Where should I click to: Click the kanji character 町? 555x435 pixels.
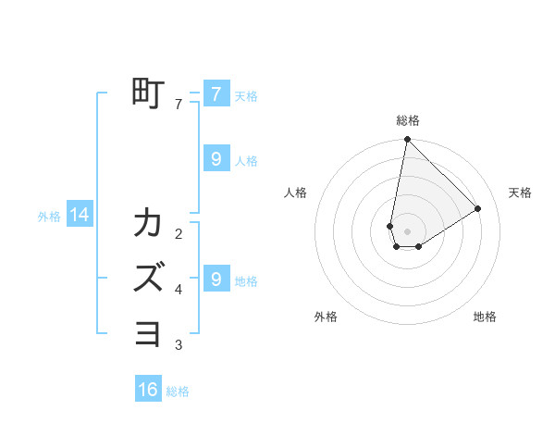tap(148, 94)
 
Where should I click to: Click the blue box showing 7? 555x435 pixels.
tap(216, 94)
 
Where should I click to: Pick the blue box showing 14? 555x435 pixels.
tap(80, 216)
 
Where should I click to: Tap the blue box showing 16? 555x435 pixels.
tap(148, 390)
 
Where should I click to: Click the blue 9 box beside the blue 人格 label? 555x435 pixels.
tap(216, 159)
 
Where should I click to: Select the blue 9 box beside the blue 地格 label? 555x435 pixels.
tap(216, 279)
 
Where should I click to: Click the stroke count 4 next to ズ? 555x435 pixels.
tap(179, 290)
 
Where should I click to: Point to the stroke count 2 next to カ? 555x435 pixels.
tap(179, 233)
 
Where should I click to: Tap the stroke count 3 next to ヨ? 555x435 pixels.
tap(179, 345)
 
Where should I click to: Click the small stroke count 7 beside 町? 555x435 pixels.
tap(179, 105)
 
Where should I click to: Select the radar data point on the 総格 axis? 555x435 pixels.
tap(407, 140)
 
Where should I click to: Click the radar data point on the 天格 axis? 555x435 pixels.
tap(478, 208)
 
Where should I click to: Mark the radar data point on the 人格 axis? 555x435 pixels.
tap(390, 226)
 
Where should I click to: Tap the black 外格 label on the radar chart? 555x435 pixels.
tap(326, 317)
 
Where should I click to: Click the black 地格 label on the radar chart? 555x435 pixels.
tap(485, 317)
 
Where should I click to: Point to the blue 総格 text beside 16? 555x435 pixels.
tap(178, 391)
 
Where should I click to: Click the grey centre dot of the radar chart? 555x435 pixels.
tap(407, 231)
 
